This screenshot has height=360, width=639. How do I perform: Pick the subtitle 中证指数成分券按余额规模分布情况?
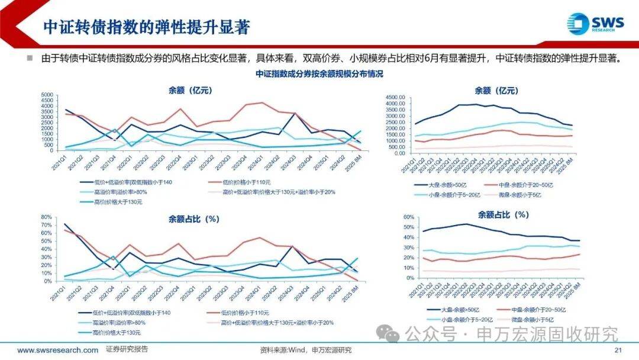point(319,74)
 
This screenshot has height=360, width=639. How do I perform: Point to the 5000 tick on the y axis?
point(46,95)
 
